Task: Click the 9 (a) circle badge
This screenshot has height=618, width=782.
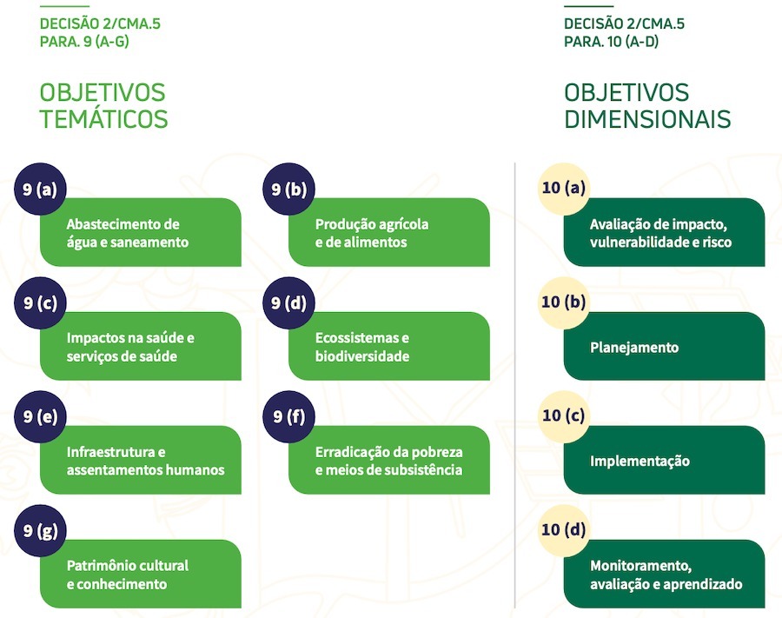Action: click(x=40, y=189)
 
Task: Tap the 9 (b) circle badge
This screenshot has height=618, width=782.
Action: click(x=288, y=189)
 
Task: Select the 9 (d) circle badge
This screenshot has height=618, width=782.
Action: click(x=288, y=302)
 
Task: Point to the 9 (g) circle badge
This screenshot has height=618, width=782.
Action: click(x=40, y=530)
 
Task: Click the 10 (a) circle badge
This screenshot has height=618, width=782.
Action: click(x=563, y=189)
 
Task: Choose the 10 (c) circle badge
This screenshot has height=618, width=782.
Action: click(x=563, y=415)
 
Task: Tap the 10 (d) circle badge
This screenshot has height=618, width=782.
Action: click(x=563, y=530)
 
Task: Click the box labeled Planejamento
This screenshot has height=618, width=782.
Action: click(x=665, y=347)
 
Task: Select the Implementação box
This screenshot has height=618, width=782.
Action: click(x=665, y=461)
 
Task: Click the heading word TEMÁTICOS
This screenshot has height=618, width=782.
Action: click(x=103, y=119)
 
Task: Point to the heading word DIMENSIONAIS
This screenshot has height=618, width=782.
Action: click(x=647, y=119)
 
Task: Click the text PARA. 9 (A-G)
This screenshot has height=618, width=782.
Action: click(x=84, y=41)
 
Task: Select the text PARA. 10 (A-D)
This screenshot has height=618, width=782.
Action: click(x=611, y=41)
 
